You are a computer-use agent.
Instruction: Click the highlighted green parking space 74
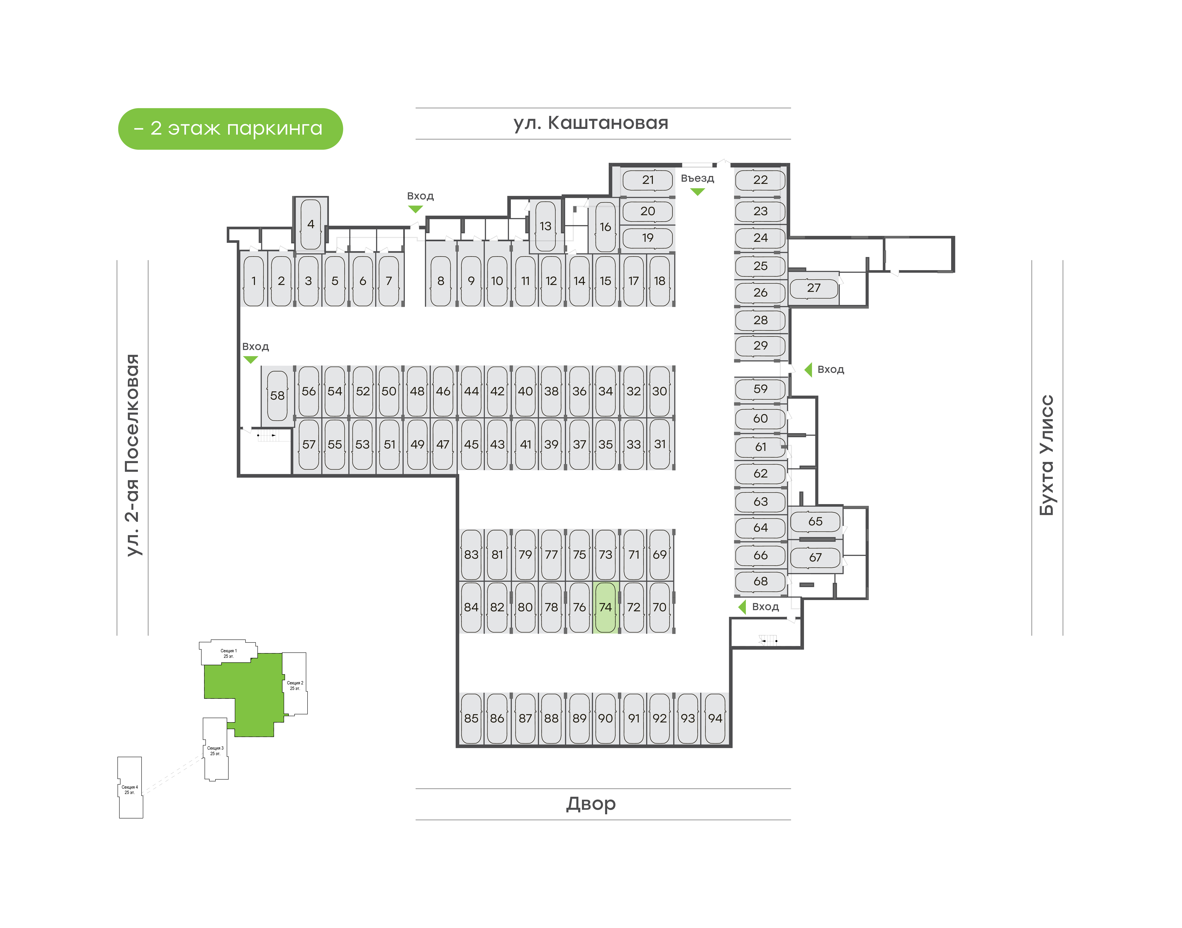(x=605, y=607)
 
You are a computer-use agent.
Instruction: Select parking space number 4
(x=311, y=224)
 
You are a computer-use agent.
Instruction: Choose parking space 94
(x=715, y=718)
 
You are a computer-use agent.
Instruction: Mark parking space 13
(x=545, y=226)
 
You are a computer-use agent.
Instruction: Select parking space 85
(x=471, y=718)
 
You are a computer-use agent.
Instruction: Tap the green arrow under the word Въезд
(x=697, y=192)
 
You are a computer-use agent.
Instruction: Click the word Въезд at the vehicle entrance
(x=697, y=178)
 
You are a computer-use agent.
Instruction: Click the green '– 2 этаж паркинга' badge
(x=230, y=129)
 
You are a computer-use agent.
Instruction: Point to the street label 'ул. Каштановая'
(x=591, y=123)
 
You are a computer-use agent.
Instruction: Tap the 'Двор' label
(x=591, y=804)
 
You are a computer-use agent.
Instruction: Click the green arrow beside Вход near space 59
(x=808, y=370)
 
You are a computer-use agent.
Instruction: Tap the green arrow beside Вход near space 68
(x=742, y=607)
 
